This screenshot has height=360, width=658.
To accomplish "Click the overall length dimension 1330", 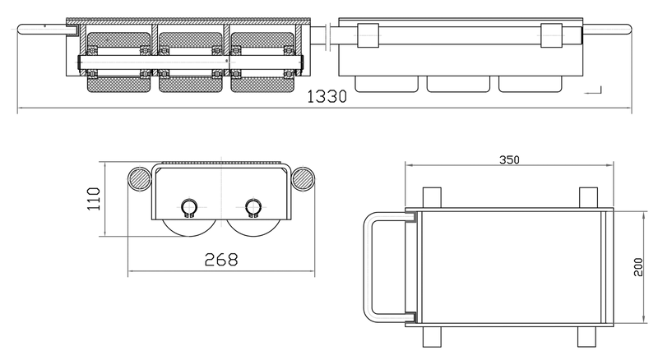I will (327, 96).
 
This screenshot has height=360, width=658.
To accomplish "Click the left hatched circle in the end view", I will (141, 178).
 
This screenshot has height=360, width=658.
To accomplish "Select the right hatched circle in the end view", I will (302, 178).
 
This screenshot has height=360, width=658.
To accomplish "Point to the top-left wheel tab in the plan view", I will (431, 197).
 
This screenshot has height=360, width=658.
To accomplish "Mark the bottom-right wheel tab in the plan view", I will (587, 335).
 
